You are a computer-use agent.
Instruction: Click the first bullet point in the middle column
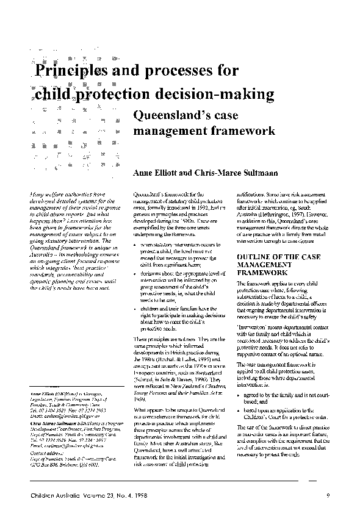(134, 245)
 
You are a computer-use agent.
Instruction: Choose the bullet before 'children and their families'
(134, 309)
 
